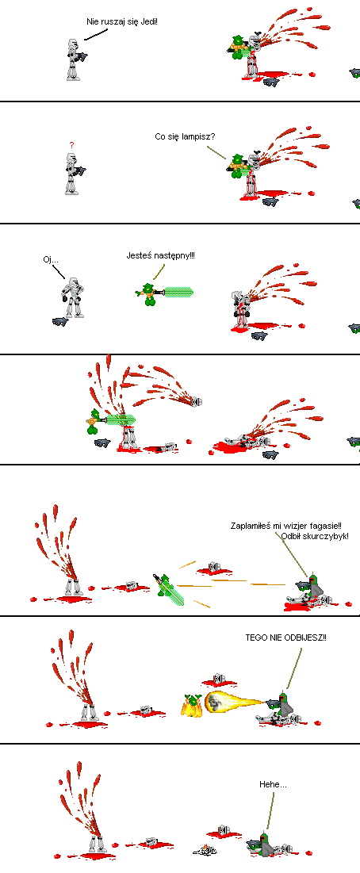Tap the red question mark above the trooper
pos(71,145)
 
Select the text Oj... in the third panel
pos(50,259)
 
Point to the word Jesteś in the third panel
pos(138,255)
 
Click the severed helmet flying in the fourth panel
pos(195,401)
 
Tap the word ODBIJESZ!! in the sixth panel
pos(308,638)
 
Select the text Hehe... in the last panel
pos(274,784)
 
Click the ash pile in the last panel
pos(205,849)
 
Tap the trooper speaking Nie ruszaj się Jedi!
pos(74,59)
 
